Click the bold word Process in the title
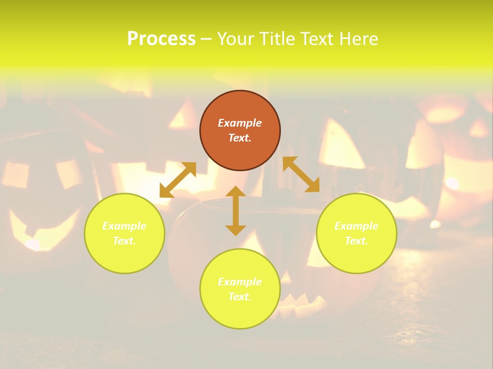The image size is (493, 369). coord(161,39)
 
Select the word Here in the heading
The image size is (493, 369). coord(358,39)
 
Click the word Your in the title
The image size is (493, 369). coord(236,39)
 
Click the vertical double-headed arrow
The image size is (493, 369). coord(236,211)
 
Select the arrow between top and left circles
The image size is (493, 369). coord(178,180)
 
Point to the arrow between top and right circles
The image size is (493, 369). coord(301,174)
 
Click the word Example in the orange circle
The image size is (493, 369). coord(240,123)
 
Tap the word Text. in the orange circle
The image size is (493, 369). coord(240,138)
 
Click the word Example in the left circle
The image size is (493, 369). coord(124,226)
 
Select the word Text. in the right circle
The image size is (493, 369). coord(356,241)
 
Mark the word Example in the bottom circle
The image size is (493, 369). coord(240,282)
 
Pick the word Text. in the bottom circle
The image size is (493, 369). coord(240,297)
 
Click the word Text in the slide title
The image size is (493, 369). coord(317,39)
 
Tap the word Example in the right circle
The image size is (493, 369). coord(356,226)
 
